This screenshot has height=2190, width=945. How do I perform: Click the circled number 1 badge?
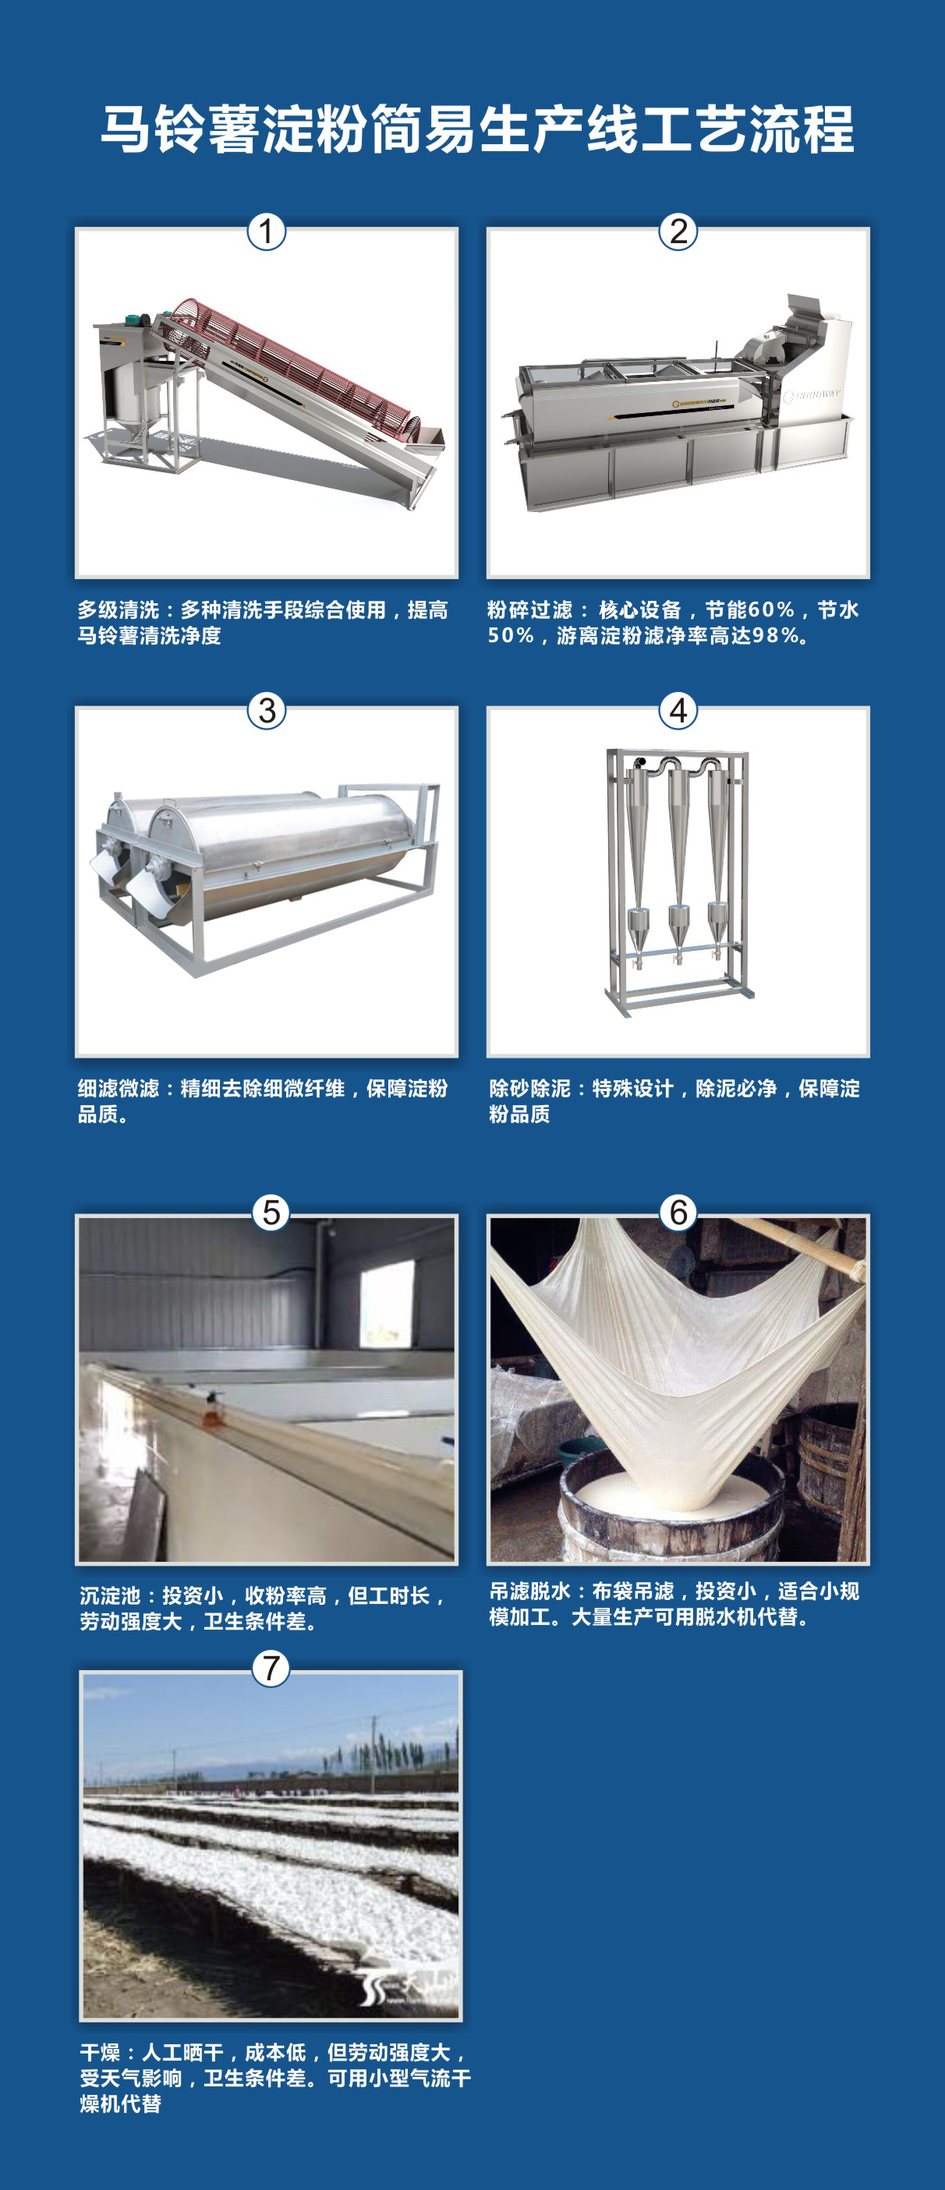(266, 231)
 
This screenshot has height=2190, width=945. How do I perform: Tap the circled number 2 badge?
(678, 231)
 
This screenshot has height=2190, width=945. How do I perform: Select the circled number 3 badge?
(266, 711)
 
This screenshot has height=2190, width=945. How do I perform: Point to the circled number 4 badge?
(678, 711)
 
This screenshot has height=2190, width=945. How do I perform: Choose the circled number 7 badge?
(271, 1668)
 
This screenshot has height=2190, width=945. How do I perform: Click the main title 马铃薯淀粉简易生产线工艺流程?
(476, 130)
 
